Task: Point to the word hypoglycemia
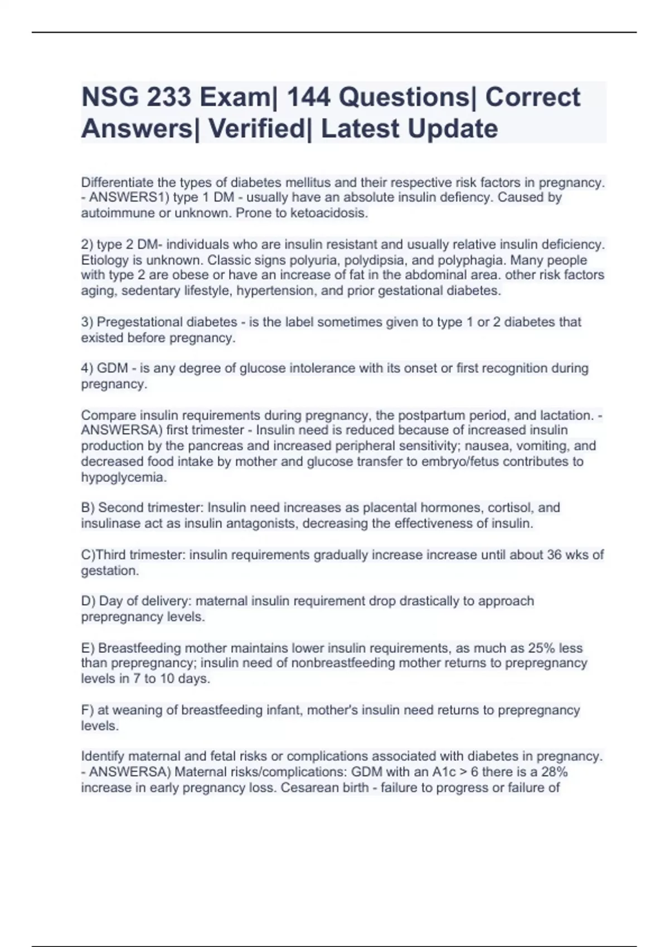(124, 477)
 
